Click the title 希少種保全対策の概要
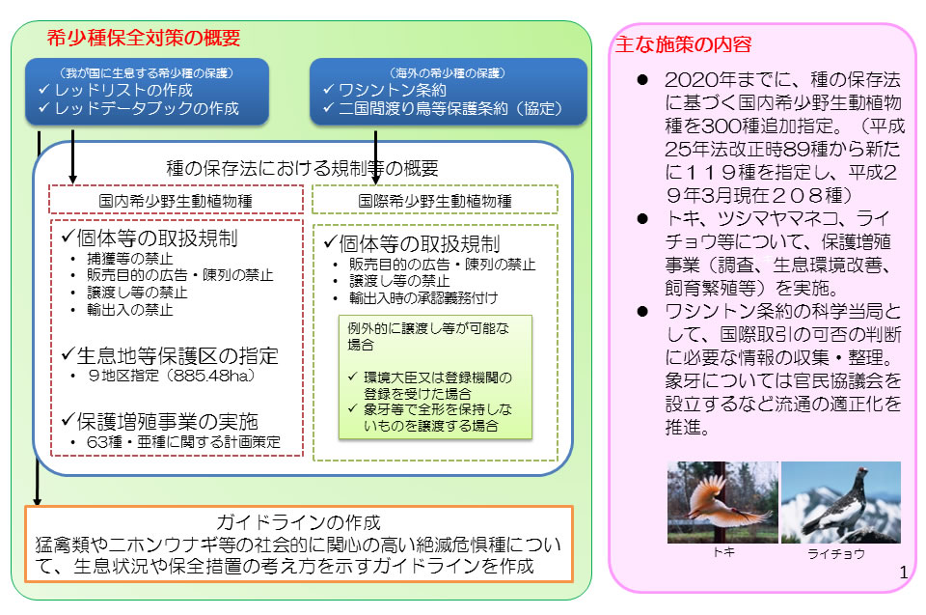[144, 39]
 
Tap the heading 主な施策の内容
[683, 44]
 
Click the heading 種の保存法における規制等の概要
[302, 166]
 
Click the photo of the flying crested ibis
[722, 502]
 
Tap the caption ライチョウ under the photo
[835, 554]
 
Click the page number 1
[903, 573]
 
